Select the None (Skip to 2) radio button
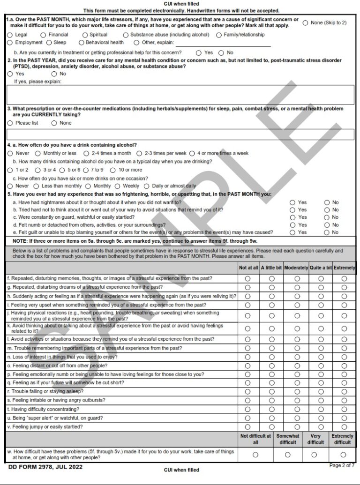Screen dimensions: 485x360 click(x=305, y=22)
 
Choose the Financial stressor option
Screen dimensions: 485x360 click(x=44, y=35)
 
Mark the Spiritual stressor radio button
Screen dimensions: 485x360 click(x=85, y=35)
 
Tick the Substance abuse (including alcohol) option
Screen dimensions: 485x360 click(x=126, y=35)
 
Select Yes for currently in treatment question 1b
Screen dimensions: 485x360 click(x=199, y=53)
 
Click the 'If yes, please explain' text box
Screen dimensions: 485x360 click(x=180, y=95)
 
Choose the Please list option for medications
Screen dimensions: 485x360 click(x=10, y=123)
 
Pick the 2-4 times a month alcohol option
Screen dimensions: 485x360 click(x=86, y=153)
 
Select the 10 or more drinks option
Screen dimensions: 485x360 click(x=113, y=170)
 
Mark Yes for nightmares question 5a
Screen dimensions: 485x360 click(x=293, y=202)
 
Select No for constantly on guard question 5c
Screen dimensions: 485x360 click(x=327, y=217)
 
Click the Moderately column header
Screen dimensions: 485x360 click(x=296, y=268)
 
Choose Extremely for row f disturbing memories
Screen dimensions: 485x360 click(x=344, y=279)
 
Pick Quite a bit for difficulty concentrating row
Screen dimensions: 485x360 click(x=321, y=409)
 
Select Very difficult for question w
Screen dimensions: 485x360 click(x=315, y=455)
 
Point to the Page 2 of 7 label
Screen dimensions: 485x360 click(x=342, y=465)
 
